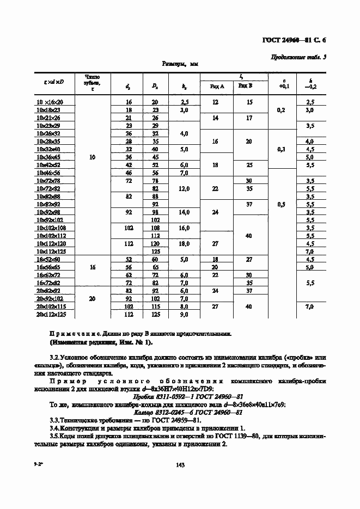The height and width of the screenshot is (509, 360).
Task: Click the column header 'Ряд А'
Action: click(x=217, y=85)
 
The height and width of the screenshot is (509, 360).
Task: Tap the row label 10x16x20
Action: click(x=50, y=102)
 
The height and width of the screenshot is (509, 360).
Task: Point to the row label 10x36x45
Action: click(x=50, y=156)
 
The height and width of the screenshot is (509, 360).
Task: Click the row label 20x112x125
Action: click(x=50, y=315)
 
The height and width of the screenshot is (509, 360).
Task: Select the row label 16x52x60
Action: click(x=50, y=260)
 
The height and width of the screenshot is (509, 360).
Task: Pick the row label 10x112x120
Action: click(x=50, y=244)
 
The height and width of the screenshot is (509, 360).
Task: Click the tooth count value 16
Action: click(x=92, y=267)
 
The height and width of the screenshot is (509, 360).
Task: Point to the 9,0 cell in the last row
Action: click(x=184, y=315)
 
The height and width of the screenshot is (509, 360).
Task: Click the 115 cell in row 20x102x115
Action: click(x=155, y=306)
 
